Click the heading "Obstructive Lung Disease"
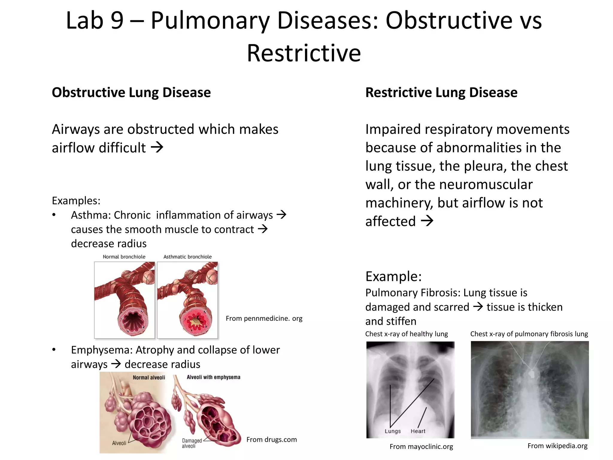coord(131,93)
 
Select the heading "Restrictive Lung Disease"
coord(441,93)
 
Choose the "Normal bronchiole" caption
coord(124,257)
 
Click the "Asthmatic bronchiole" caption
coord(187,257)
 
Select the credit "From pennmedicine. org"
coord(264,318)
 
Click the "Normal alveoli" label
coord(149,378)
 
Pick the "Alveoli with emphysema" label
coord(213,377)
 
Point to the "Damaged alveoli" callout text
coord(192,443)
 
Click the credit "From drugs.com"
coord(271,440)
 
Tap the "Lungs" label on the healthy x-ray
coord(392,431)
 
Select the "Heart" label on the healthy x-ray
coord(418,431)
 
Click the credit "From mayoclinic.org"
coord(421,447)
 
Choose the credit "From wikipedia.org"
coord(557,446)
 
